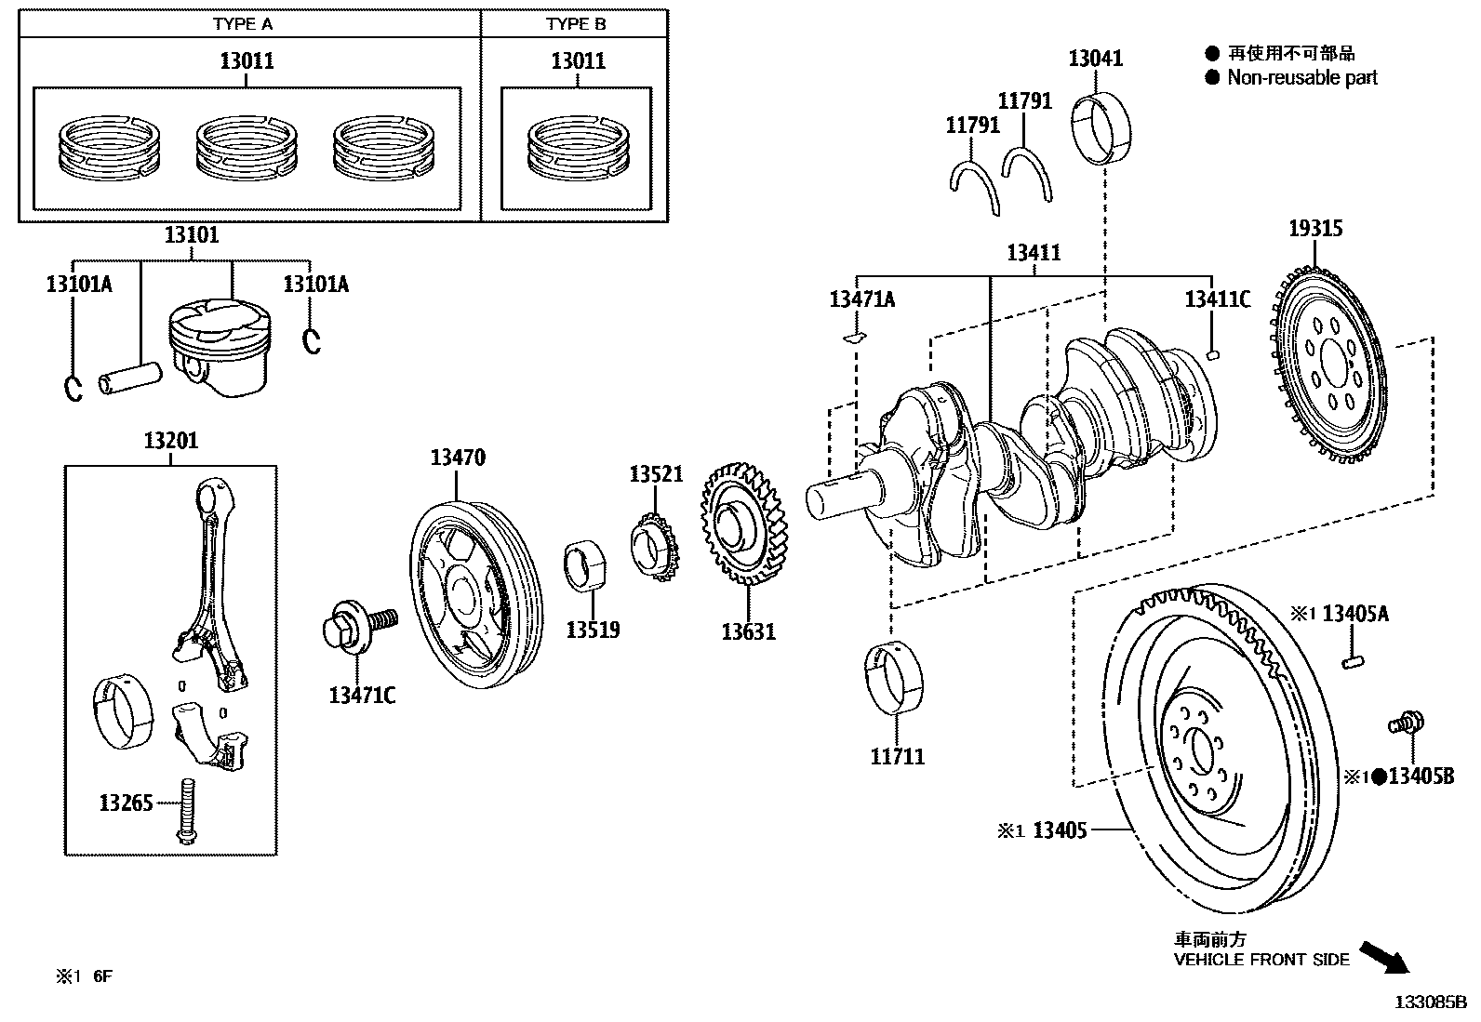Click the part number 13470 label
pyautogui.click(x=457, y=458)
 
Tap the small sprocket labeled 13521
pyautogui.click(x=654, y=550)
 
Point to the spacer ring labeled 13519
pyautogui.click(x=586, y=564)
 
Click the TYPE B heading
pyautogui.click(x=575, y=24)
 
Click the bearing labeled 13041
pyautogui.click(x=1105, y=126)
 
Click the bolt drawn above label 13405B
pyautogui.click(x=1408, y=721)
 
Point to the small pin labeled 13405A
pyautogui.click(x=1353, y=661)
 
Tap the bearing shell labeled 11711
pyautogui.click(x=896, y=677)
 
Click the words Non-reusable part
pyautogui.click(x=1301, y=78)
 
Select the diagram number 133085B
pyautogui.click(x=1429, y=1002)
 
